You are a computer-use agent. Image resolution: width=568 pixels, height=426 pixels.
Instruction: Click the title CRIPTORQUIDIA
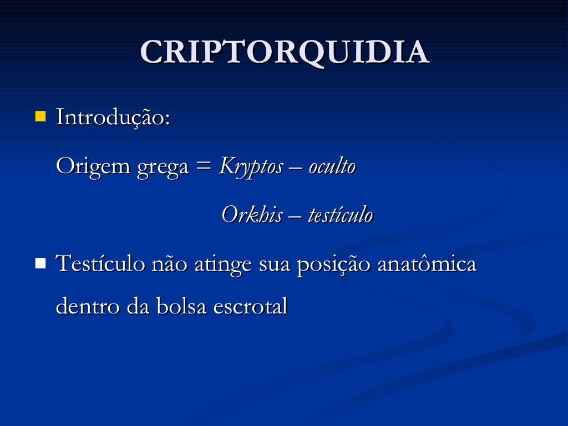284,53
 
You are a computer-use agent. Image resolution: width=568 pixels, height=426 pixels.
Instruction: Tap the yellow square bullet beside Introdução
40,116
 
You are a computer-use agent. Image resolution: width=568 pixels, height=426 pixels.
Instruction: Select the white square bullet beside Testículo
40,263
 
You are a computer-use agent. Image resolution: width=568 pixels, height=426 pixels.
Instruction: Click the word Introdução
113,118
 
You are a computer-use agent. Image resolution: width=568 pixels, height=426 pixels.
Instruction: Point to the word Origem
93,166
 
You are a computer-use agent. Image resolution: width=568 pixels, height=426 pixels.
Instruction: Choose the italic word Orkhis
251,215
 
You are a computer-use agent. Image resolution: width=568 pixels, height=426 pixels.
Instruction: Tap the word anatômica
427,264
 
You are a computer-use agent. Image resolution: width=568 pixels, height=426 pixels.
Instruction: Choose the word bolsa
178,307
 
